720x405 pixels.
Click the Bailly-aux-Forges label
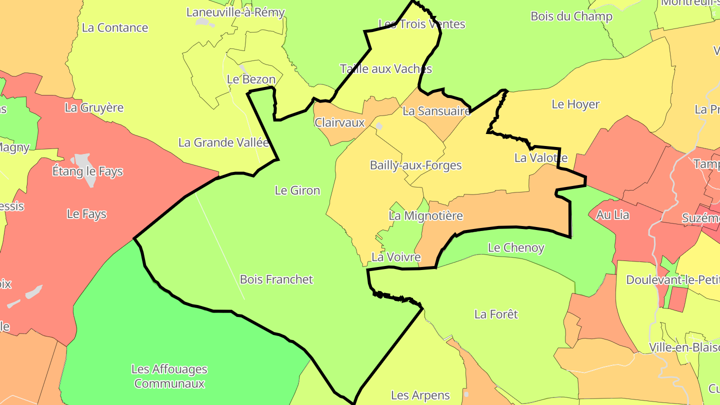(415, 165)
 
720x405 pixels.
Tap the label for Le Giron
(297, 190)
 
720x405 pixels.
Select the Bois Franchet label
(276, 279)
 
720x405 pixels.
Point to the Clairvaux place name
(339, 122)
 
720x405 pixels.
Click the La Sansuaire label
(436, 111)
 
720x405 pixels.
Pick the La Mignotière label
(425, 216)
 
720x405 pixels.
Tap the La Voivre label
(395, 257)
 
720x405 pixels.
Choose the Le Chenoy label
(515, 247)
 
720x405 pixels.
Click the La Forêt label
(496, 314)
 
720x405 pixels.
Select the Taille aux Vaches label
(385, 68)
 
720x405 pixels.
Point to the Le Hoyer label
(575, 104)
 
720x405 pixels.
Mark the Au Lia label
(608, 215)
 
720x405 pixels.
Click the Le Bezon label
(251, 79)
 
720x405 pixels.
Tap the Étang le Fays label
(87, 171)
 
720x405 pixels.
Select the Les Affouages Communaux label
(169, 376)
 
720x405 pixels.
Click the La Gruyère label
(94, 107)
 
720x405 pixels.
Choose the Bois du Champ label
(571, 16)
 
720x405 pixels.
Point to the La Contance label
(114, 27)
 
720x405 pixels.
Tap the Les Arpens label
(420, 395)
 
